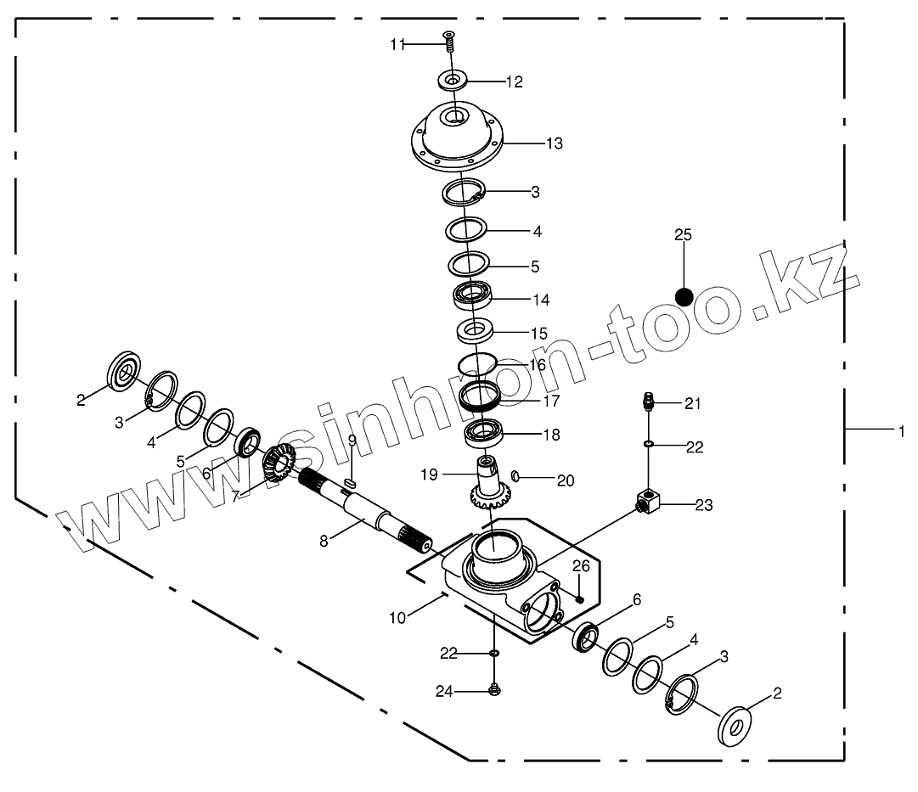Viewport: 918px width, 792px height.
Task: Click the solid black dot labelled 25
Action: [684, 296]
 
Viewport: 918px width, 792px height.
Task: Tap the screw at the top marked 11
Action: [449, 40]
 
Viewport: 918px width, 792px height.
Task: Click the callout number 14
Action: [540, 300]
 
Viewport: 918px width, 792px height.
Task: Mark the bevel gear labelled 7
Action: [279, 468]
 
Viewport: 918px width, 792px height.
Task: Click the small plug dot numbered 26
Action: [579, 598]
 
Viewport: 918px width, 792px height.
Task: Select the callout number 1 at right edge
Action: [902, 431]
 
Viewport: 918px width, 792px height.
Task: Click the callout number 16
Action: [537, 365]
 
